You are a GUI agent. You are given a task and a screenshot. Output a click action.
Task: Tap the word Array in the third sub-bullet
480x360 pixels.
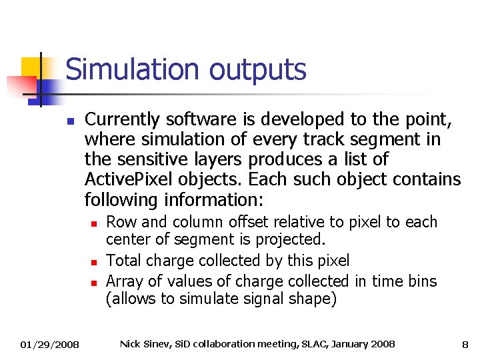[x=125, y=281]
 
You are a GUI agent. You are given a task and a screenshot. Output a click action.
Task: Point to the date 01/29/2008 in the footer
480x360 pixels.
[x=49, y=345]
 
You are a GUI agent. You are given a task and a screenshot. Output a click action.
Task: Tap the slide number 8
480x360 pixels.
[x=465, y=345]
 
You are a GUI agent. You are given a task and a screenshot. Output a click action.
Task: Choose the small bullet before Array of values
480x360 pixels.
[x=95, y=282]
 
